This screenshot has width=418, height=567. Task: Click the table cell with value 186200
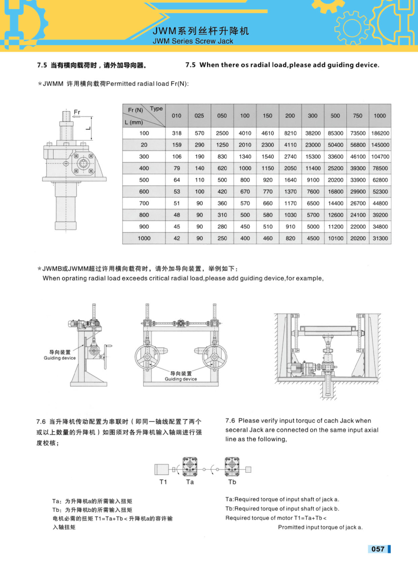click(x=380, y=133)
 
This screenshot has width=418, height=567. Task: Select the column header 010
click(x=176, y=116)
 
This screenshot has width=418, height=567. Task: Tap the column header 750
click(x=357, y=116)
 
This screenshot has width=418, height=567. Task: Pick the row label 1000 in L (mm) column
click(x=144, y=238)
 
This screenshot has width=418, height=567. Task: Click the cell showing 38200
click(x=313, y=133)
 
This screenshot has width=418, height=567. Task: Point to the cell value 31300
click(x=380, y=238)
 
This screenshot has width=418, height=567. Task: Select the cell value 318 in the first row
click(x=177, y=133)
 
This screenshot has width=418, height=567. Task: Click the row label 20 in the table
click(x=144, y=145)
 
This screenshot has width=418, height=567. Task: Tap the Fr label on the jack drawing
click(x=77, y=112)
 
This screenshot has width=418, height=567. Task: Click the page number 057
click(x=378, y=549)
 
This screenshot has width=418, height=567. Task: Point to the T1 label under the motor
click(x=163, y=482)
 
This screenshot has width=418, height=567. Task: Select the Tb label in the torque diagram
click(x=232, y=482)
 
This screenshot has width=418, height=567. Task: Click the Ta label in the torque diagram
click(x=190, y=482)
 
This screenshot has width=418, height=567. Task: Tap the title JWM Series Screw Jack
click(x=193, y=41)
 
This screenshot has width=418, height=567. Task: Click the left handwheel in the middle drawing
click(x=147, y=356)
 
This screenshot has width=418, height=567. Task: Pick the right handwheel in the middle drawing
click(x=214, y=356)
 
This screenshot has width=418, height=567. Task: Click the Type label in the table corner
click(x=156, y=108)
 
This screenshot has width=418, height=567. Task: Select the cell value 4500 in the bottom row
click(x=313, y=238)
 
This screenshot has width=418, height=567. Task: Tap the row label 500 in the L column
click(x=144, y=180)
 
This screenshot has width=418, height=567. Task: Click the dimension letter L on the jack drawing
click(x=88, y=127)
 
